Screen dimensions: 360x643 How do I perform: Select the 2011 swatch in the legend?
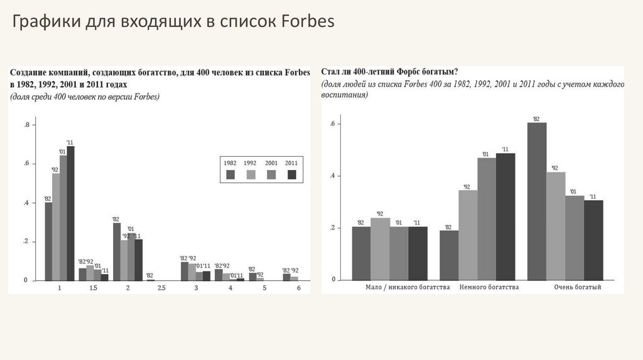point(291,174)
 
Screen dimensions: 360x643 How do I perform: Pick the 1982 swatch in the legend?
point(230,174)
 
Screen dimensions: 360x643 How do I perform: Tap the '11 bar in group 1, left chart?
point(70,213)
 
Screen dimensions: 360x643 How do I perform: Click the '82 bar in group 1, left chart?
point(48,241)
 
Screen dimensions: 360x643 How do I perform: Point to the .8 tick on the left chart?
point(26,125)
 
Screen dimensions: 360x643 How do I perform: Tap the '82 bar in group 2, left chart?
point(117,251)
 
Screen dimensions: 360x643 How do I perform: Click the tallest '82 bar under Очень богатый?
point(537,201)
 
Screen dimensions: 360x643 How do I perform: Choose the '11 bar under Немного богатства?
point(505,216)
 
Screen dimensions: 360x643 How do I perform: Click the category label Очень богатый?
point(578,287)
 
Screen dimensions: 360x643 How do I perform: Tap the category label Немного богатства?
point(489,287)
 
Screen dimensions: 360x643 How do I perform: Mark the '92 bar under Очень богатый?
point(556,226)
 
